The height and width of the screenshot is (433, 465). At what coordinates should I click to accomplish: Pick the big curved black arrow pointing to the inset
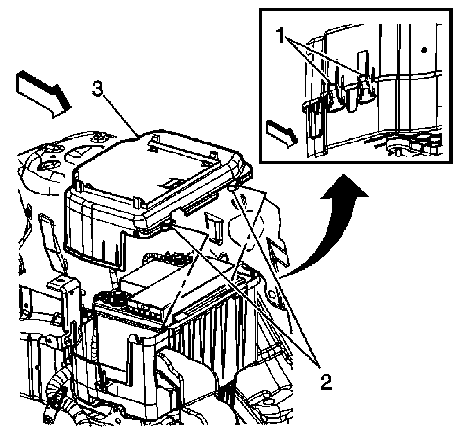click(x=327, y=229)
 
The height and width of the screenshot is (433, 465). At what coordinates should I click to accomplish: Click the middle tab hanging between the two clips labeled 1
click(x=350, y=98)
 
